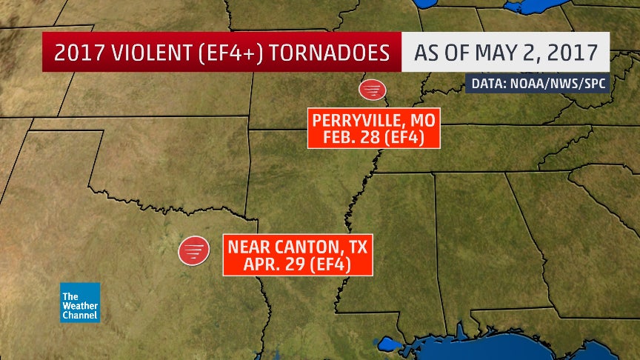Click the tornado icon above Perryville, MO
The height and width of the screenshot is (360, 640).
point(372,90)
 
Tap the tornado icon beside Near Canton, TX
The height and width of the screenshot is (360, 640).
point(193,250)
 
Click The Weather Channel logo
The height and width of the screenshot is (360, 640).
point(80,302)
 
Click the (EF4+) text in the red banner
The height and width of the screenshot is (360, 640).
point(219,53)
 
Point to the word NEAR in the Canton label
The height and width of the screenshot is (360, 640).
point(248,246)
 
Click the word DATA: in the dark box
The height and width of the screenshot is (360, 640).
point(487,84)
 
